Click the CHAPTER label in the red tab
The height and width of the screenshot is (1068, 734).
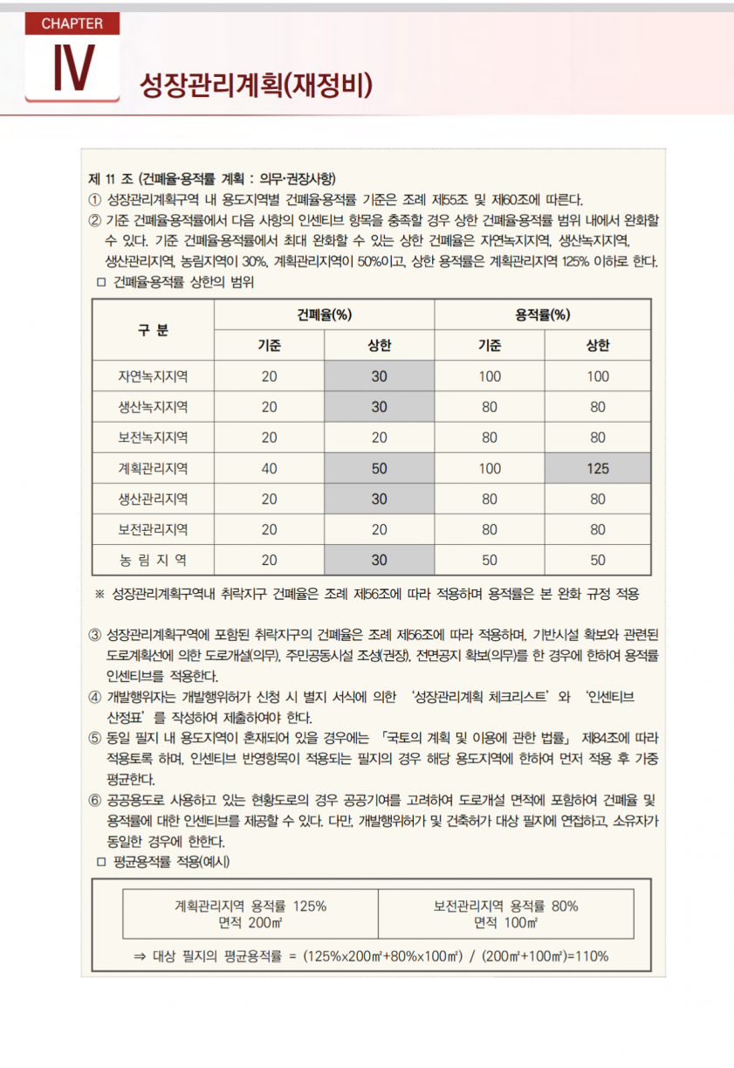pos(72,24)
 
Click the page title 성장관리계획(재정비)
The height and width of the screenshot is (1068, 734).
pos(257,85)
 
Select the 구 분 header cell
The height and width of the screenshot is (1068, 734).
pos(153,329)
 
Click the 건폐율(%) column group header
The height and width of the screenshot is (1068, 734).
pos(324,314)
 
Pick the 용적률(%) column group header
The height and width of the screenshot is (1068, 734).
pos(543,314)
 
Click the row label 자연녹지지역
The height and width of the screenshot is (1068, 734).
pos(153,376)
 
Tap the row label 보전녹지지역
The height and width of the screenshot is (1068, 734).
pos(153,438)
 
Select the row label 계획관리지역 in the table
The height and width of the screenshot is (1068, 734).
pos(153,468)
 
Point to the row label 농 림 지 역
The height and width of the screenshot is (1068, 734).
pos(153,560)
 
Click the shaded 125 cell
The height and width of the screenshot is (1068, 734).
pos(598,468)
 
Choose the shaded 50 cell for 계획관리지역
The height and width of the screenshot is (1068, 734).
pos(379,468)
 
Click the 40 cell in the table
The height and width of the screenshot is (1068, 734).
pos(269,468)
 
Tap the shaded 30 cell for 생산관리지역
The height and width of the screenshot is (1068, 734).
pos(379,499)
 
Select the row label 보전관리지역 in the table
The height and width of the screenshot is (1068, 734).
pos(153,529)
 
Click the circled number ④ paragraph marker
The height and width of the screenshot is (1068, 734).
pos(95,697)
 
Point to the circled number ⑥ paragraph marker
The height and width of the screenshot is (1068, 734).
pos(95,801)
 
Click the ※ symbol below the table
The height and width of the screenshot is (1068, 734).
pos(99,595)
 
